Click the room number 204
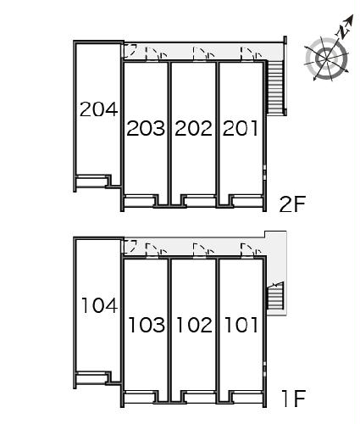pos(98,109)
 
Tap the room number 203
pos(146,128)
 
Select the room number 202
pos(193,128)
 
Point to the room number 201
pos(241,128)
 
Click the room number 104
pos(99,305)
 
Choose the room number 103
pos(147,325)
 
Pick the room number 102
pos(194,325)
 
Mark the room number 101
pos(241,325)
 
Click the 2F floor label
pos(292,204)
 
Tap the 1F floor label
pos(294,399)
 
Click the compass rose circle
pos(327,59)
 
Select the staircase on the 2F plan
pos(275,87)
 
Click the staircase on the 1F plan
pos(275,296)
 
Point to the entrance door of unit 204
pos(130,50)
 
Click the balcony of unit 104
pos(92,379)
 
